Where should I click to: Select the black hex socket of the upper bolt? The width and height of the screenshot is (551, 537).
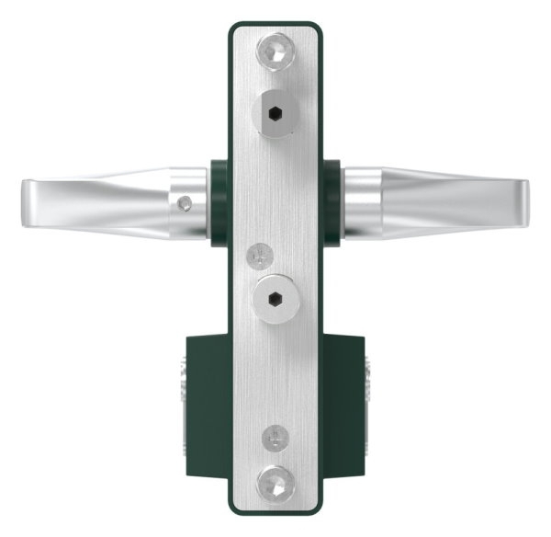click(276, 115)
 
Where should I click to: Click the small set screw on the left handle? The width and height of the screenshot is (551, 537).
click(186, 201)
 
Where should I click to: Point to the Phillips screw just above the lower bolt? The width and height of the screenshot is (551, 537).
click(262, 251)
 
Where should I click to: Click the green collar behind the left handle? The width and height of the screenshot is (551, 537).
click(219, 202)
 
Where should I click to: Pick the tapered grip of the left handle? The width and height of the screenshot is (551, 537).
click(101, 201)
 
